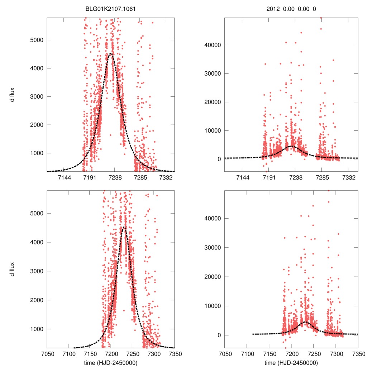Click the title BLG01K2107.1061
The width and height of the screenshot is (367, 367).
111,9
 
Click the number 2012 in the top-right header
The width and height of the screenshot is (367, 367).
274,9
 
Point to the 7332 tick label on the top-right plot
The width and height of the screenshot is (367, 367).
349,177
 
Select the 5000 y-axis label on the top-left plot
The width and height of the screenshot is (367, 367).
35,40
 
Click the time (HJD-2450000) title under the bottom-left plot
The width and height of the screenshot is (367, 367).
111,362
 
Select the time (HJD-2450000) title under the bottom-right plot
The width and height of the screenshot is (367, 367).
291,362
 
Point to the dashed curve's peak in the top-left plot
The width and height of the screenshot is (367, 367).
111,54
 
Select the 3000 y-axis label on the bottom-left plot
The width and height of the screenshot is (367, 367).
35,271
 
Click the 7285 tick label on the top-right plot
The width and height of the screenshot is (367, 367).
322,177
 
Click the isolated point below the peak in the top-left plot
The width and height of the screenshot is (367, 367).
110,135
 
